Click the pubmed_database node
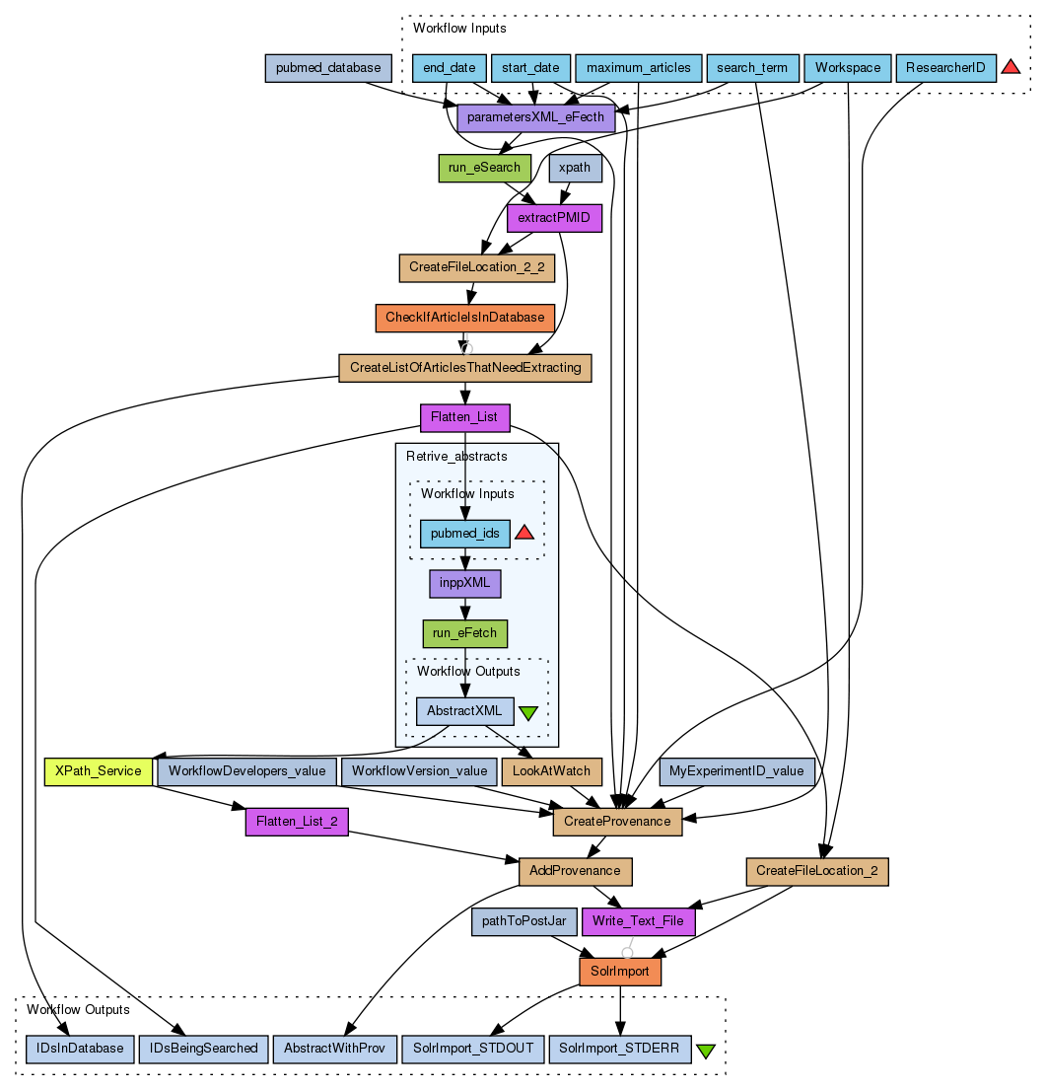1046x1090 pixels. (328, 68)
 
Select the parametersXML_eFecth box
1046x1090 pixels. (535, 118)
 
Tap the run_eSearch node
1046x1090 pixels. (484, 168)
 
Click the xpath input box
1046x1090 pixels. (575, 168)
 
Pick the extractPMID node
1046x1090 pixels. (553, 217)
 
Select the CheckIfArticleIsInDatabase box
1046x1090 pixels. (465, 318)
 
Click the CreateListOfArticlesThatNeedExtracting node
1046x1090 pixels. (464, 368)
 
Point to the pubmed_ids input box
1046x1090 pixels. (465, 534)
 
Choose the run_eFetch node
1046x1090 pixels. (465, 633)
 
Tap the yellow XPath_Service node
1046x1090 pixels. (98, 770)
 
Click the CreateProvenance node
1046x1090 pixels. (617, 821)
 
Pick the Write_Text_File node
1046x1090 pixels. (640, 921)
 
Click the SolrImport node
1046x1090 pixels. (619, 972)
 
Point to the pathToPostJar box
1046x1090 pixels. (523, 921)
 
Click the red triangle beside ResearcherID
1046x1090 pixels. (1011, 67)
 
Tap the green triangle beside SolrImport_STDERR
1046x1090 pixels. (706, 1051)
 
